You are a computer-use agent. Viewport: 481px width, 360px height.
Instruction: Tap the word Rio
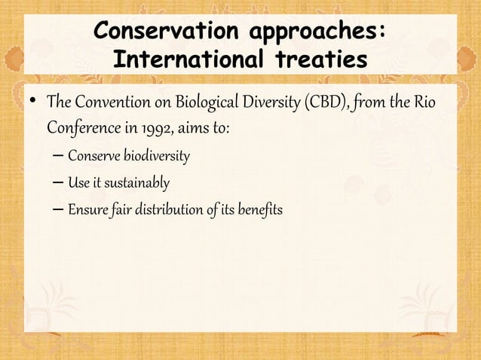[x=425, y=101]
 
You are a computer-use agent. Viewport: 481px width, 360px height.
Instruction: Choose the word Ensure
[x=86, y=209]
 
